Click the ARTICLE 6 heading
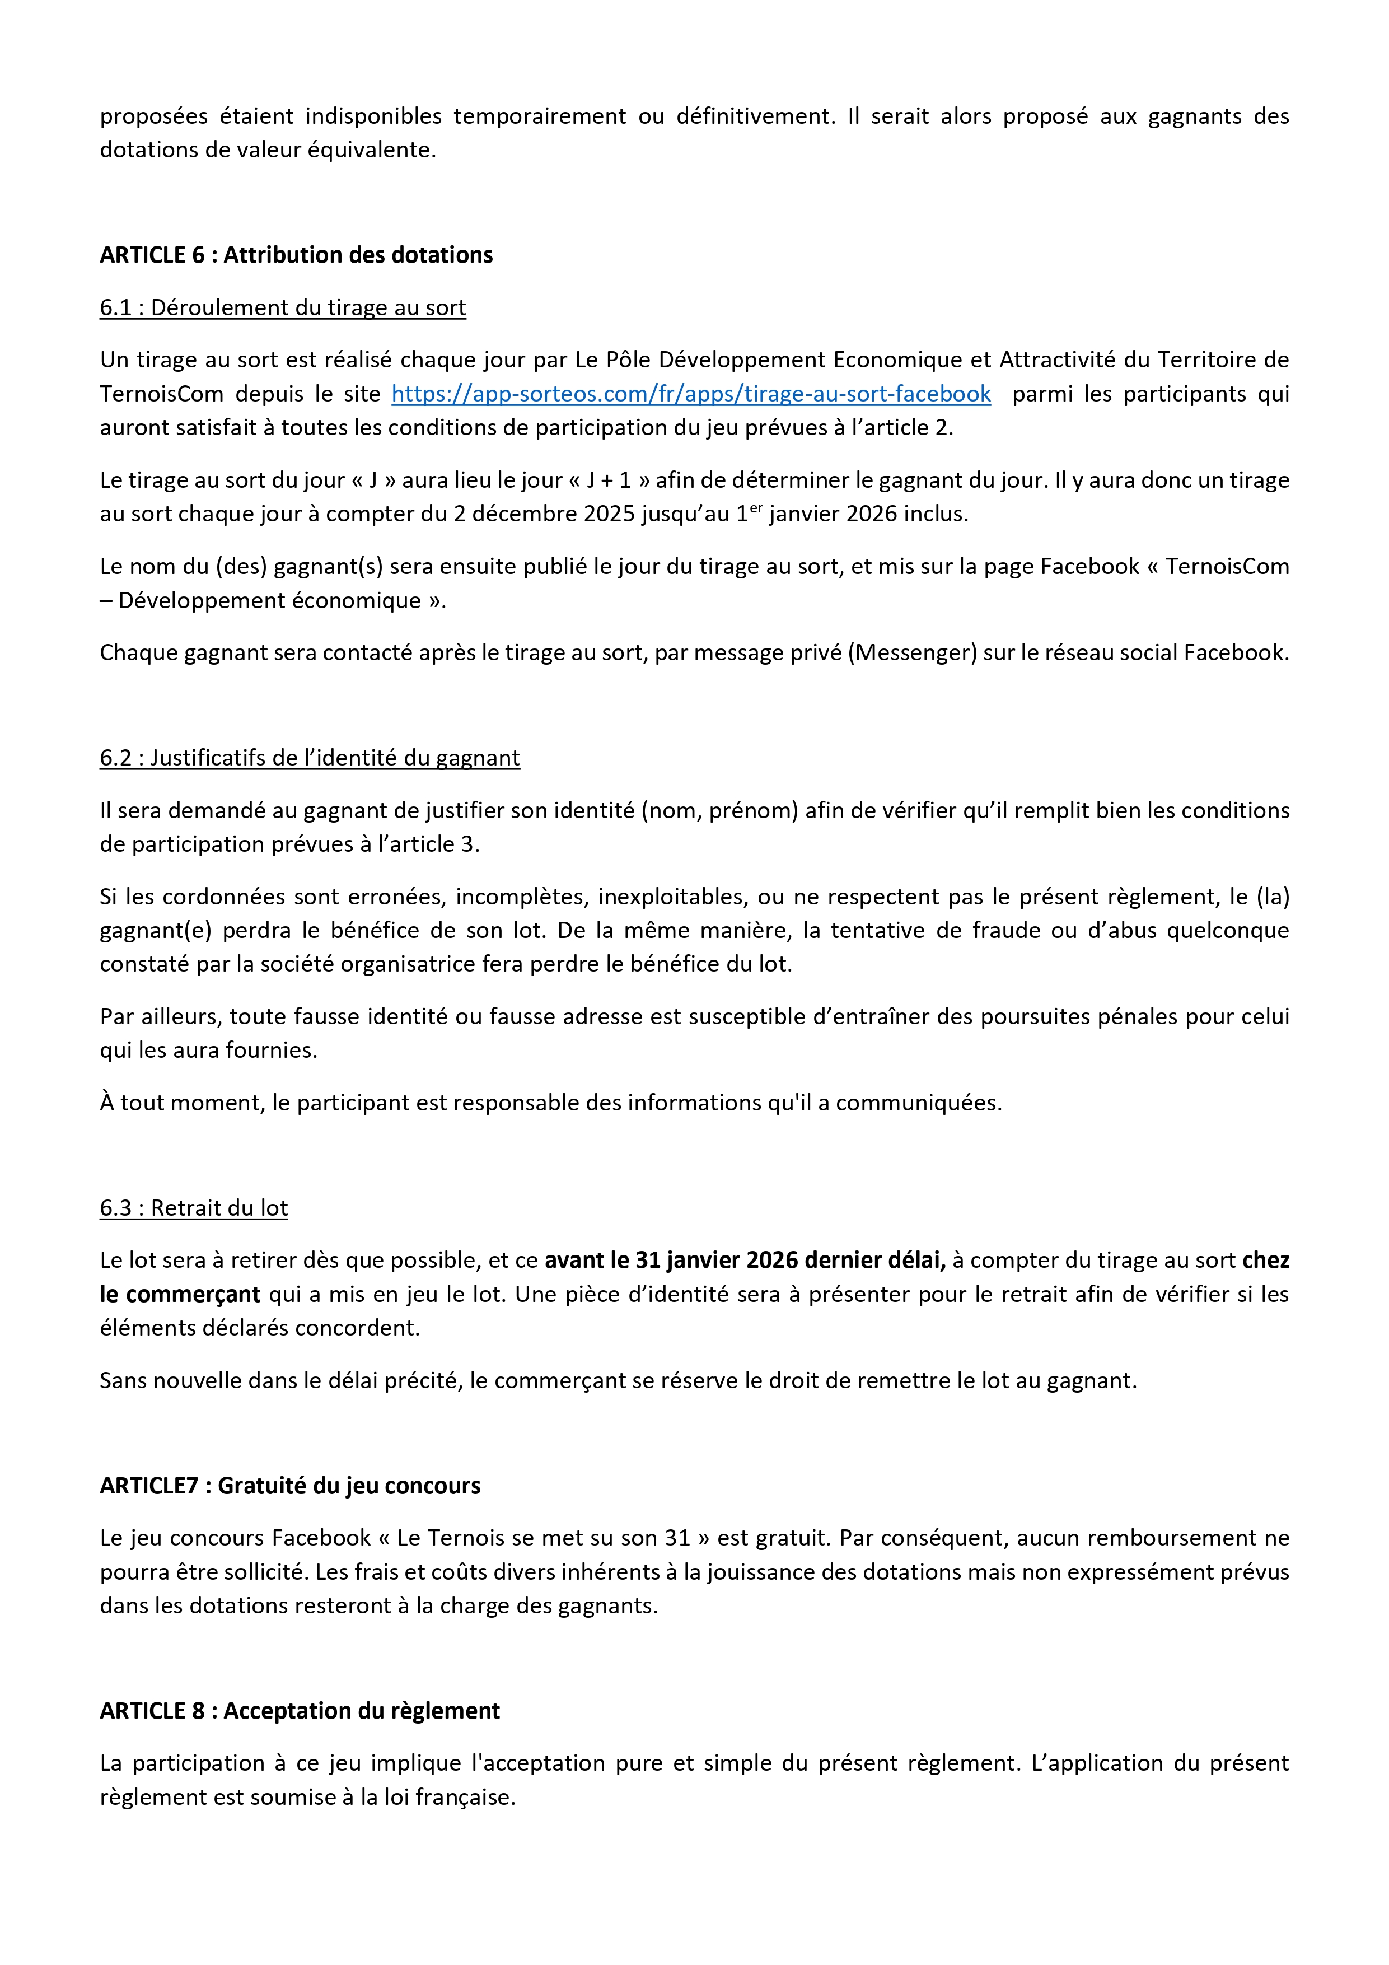coord(296,255)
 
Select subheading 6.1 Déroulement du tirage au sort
coord(282,307)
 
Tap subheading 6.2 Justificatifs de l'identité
coord(309,758)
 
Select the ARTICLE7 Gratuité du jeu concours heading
coord(289,1485)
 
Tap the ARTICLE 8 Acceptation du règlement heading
coord(300,1710)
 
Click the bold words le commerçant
coord(180,1294)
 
